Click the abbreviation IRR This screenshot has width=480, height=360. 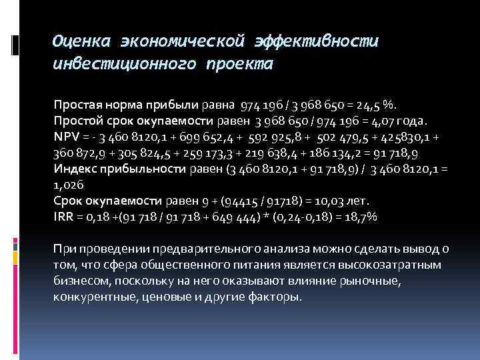click(x=64, y=217)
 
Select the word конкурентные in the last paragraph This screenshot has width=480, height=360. click(x=89, y=297)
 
